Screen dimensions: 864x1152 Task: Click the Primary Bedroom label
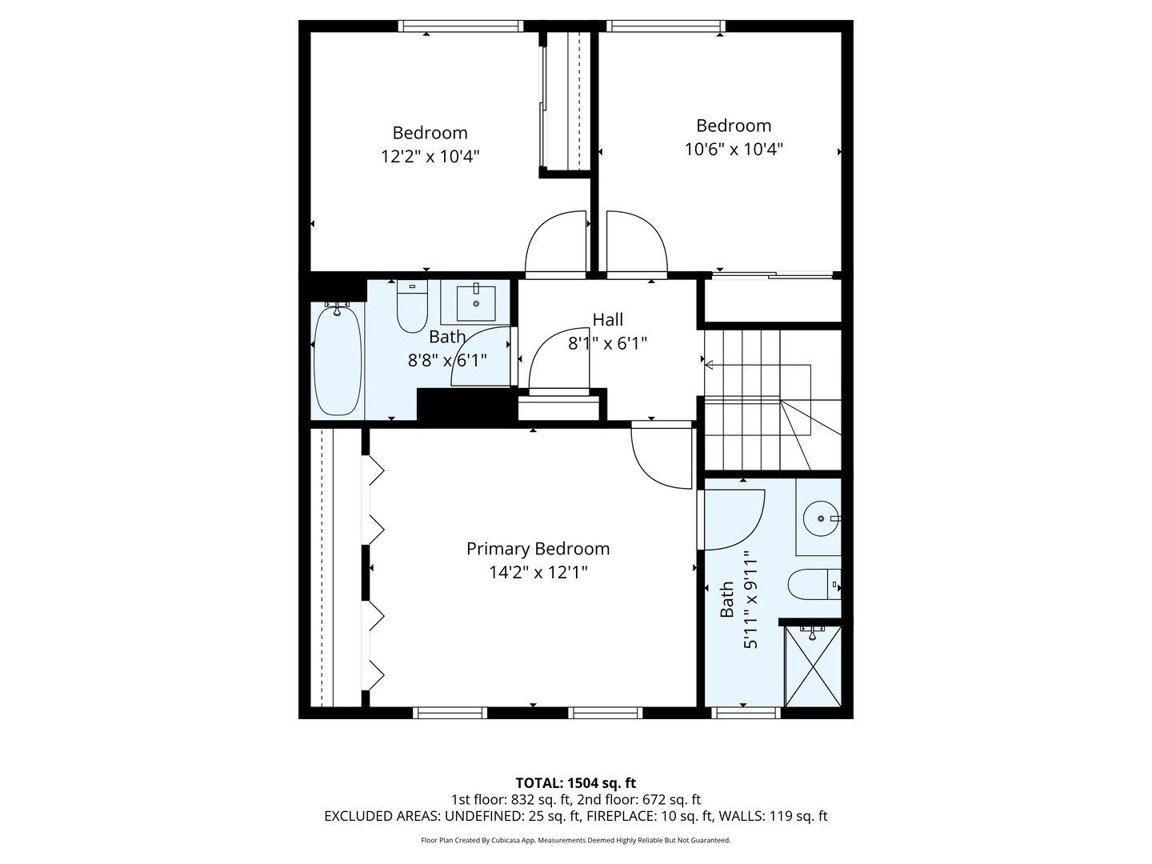[538, 549]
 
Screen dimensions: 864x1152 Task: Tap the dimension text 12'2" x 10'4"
[430, 156]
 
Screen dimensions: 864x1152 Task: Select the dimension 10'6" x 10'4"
[734, 149]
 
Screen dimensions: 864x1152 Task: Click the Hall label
[607, 320]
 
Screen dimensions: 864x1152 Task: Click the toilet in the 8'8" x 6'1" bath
[412, 308]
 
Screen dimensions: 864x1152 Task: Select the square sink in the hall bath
[476, 302]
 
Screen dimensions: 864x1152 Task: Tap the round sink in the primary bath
[820, 518]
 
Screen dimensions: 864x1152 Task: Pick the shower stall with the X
[813, 666]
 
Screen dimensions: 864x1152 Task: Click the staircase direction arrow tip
[707, 366]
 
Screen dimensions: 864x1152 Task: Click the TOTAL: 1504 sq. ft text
[575, 783]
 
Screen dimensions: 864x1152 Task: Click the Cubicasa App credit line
[575, 840]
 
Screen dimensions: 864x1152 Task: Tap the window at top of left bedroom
[461, 26]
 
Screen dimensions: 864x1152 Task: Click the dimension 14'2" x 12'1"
[538, 572]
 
